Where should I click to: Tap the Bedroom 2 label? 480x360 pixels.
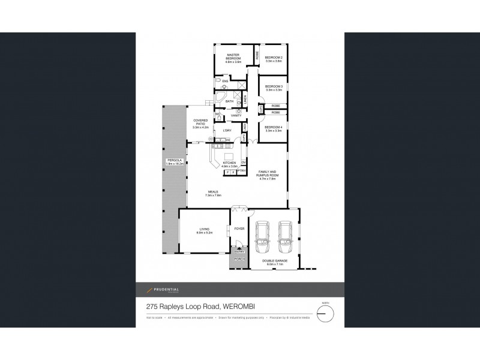[274, 59]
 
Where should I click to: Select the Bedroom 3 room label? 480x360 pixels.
[274, 88]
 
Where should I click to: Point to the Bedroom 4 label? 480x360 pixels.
[274, 128]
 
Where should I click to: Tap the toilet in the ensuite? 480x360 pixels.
[218, 80]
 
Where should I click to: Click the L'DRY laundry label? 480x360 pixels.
[227, 130]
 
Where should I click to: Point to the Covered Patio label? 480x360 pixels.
[200, 124]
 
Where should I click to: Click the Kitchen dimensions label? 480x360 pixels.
[228, 166]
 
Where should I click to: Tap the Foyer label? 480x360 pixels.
[239, 229]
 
